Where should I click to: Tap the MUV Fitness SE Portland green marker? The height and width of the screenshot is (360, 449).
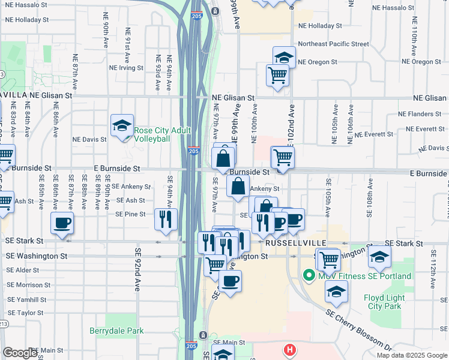click(310, 276)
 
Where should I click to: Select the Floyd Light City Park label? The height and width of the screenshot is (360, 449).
click(382, 302)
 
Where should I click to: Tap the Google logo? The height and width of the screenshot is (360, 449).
click(20, 353)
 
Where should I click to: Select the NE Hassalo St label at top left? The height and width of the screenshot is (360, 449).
click(27, 5)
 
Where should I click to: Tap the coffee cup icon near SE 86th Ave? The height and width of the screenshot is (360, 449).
click(62, 223)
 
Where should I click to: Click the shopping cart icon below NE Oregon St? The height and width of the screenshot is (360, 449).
click(277, 75)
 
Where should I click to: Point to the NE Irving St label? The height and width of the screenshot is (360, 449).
click(126, 68)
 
